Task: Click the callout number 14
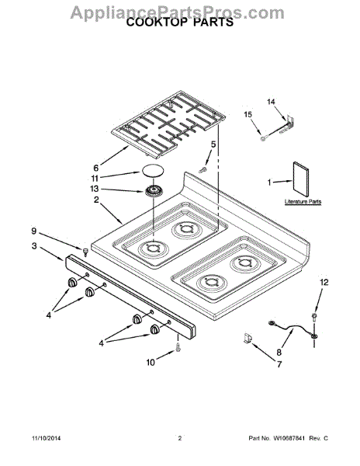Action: [271, 102]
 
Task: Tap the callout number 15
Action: [247, 114]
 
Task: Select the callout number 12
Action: [324, 282]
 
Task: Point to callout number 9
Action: [34, 231]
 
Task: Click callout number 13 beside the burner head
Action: [94, 189]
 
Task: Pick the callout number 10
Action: [151, 363]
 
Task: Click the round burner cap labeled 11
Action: [153, 171]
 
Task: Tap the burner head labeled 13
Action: [153, 190]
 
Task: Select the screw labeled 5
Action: [203, 169]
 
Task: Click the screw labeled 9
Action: [86, 252]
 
